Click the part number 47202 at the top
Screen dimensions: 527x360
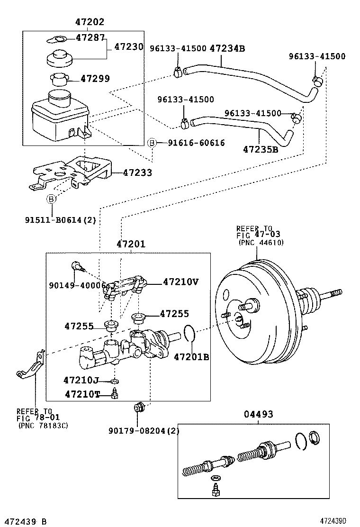click(90, 22)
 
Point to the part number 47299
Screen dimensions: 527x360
click(95, 78)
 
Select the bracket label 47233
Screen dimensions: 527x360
click(137, 173)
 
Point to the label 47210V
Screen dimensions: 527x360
click(180, 282)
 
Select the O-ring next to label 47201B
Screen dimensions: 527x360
click(189, 334)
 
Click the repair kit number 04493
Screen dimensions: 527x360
click(258, 414)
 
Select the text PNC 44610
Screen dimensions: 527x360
click(261, 242)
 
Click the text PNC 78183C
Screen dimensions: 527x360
click(43, 426)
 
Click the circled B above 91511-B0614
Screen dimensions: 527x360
click(51, 200)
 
